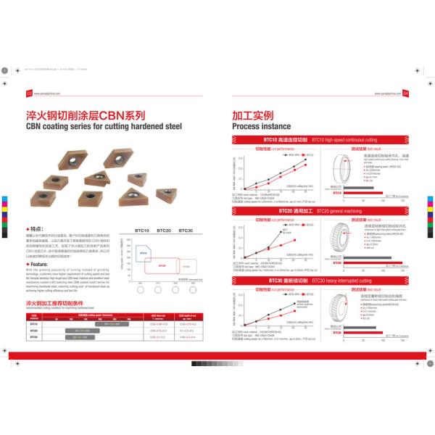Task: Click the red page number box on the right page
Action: coord(406,92)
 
